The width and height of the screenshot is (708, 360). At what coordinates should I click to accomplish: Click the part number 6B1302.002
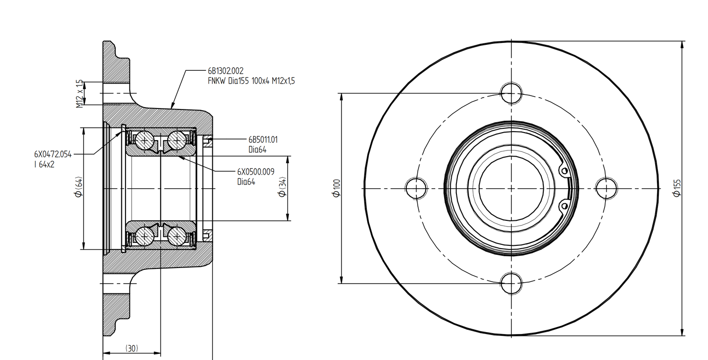tap(226, 71)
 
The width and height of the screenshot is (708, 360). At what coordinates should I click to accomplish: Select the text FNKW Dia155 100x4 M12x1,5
tap(251, 81)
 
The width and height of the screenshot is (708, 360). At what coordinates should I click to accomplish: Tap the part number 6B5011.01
tap(263, 139)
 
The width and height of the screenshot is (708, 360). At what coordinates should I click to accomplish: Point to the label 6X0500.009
tap(256, 172)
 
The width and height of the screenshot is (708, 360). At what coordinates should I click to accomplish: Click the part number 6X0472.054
tap(53, 154)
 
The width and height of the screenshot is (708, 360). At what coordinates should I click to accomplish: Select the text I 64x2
tap(44, 164)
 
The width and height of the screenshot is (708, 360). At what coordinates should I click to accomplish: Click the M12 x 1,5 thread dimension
tap(80, 93)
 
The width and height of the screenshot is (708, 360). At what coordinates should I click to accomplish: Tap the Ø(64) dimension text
tap(78, 187)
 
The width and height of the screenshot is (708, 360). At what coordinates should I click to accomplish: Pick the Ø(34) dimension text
tap(283, 187)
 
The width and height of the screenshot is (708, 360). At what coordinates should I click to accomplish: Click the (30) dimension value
tap(132, 348)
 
